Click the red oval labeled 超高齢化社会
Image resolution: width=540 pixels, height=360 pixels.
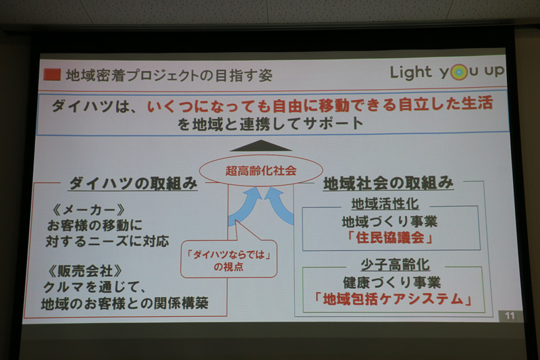(x=261, y=172)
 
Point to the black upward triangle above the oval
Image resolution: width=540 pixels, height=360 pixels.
(x=261, y=145)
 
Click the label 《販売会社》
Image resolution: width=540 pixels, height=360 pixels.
(x=85, y=269)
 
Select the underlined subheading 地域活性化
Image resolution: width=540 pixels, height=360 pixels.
(x=390, y=203)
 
